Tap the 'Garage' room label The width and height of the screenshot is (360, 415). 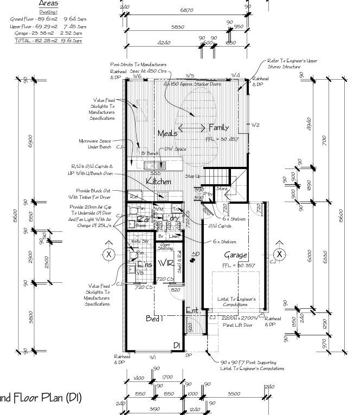[x=235, y=255]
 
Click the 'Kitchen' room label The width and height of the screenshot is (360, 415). [x=159, y=181]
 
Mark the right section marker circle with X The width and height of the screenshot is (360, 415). [x=279, y=254]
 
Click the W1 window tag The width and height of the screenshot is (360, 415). [x=152, y=357]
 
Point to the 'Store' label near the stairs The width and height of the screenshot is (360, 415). [x=222, y=189]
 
